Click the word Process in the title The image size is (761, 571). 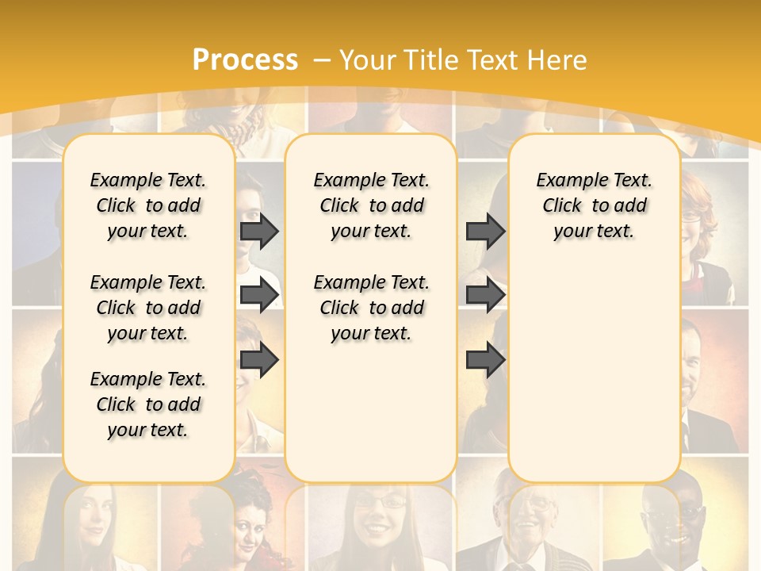pyautogui.click(x=245, y=60)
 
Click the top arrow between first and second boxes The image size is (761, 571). pyautogui.click(x=259, y=231)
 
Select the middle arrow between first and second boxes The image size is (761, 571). pyautogui.click(x=259, y=295)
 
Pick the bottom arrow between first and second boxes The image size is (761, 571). pyautogui.click(x=259, y=360)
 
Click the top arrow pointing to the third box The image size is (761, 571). pyautogui.click(x=485, y=231)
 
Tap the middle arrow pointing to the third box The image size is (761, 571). pyautogui.click(x=485, y=295)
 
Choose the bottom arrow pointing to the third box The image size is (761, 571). pyautogui.click(x=485, y=360)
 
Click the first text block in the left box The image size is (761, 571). pyautogui.click(x=148, y=205)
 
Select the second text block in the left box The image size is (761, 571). pyautogui.click(x=148, y=308)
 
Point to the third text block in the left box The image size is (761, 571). pyautogui.click(x=148, y=404)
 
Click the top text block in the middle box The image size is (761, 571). pyautogui.click(x=371, y=205)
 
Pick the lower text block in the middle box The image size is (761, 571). pyautogui.click(x=371, y=308)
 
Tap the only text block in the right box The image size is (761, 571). pyautogui.click(x=594, y=205)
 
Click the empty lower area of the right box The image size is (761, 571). pyautogui.click(x=594, y=365)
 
